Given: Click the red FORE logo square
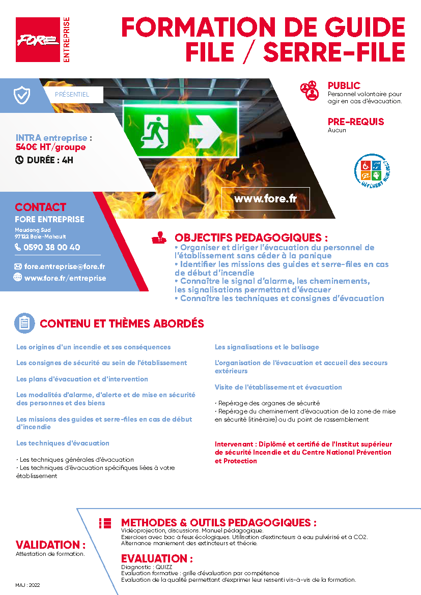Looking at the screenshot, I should [x=38, y=40].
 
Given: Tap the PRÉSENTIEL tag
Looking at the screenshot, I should [x=72, y=95].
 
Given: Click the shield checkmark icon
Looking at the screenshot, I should [x=22, y=95].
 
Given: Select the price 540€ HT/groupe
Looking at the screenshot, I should [x=51, y=147].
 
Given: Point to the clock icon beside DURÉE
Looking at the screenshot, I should [x=19, y=160].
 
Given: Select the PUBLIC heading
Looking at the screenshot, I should [x=344, y=86].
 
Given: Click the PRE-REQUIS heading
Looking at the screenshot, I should [x=356, y=122].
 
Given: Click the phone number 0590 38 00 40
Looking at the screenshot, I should [x=51, y=248].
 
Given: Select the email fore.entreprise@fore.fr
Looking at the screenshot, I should [x=65, y=266].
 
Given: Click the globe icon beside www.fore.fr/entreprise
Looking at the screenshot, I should [x=18, y=278].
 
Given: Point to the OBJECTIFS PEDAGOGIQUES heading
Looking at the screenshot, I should [x=251, y=237].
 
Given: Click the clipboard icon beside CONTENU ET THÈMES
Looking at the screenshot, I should [x=24, y=323].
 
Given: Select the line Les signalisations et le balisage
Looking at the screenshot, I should [x=267, y=347].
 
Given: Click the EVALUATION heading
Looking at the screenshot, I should [x=157, y=559].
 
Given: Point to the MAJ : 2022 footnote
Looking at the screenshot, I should [x=27, y=585].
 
